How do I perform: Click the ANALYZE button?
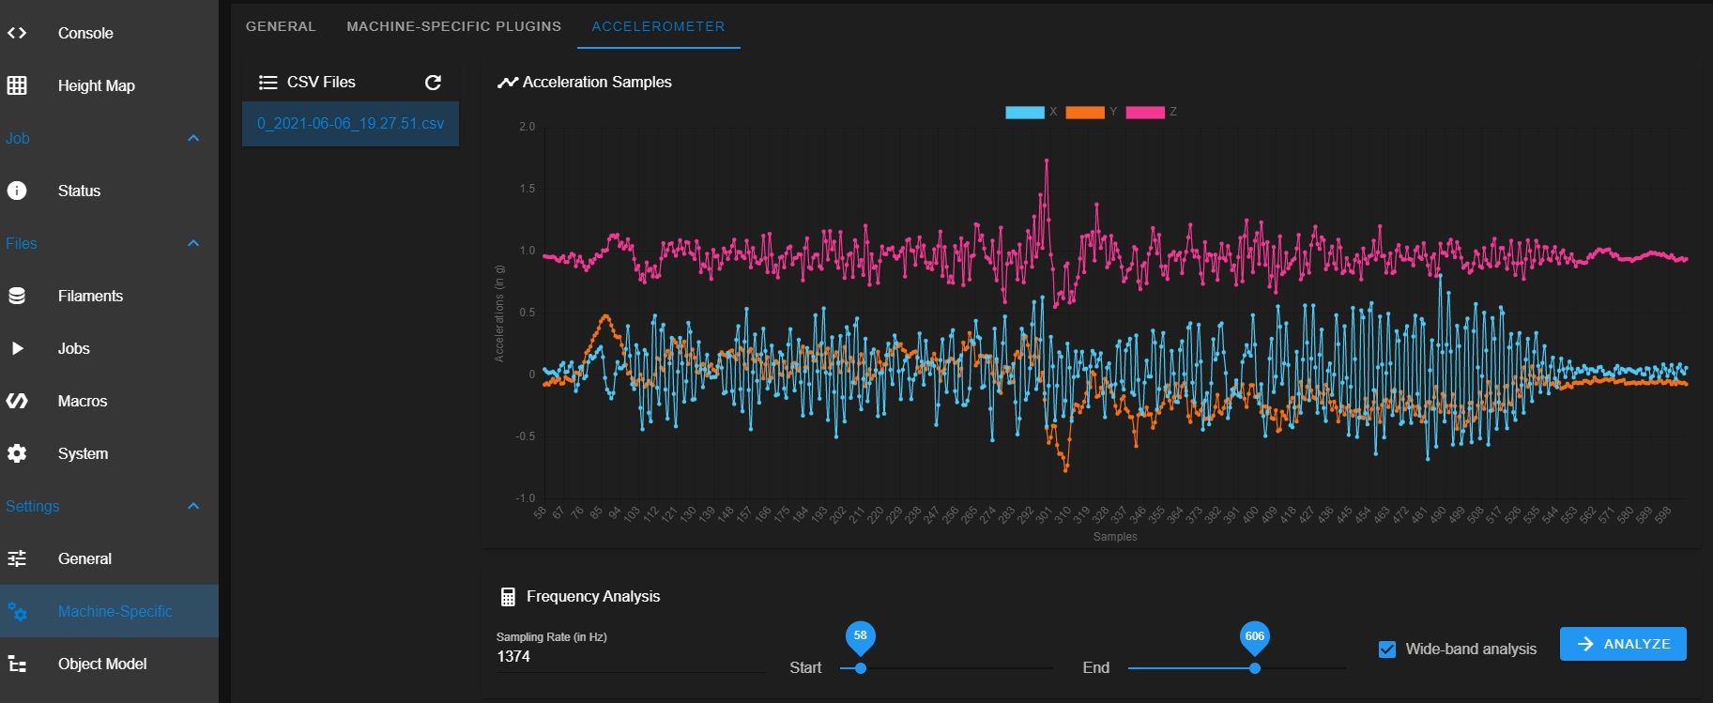(x=1623, y=644)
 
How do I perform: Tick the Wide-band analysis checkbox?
(x=1387, y=650)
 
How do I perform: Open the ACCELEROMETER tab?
(x=658, y=26)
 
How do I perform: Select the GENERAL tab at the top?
(x=281, y=26)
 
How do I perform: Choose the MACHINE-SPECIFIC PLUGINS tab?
(x=453, y=26)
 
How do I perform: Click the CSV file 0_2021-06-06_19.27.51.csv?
(x=350, y=124)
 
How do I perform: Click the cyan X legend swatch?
(x=1024, y=113)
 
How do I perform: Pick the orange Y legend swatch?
(x=1085, y=113)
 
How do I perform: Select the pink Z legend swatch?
(x=1145, y=113)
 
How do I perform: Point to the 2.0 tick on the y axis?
(x=527, y=127)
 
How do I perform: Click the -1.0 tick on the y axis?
(x=525, y=498)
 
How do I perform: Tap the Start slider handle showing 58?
(x=861, y=668)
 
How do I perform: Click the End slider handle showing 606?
(x=1255, y=668)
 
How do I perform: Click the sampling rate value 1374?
(x=513, y=657)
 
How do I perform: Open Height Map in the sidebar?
(x=96, y=85)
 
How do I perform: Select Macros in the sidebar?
(x=83, y=401)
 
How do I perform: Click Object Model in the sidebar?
(x=102, y=664)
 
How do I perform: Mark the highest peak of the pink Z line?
(x=1047, y=160)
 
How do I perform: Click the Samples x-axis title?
(x=1114, y=537)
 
